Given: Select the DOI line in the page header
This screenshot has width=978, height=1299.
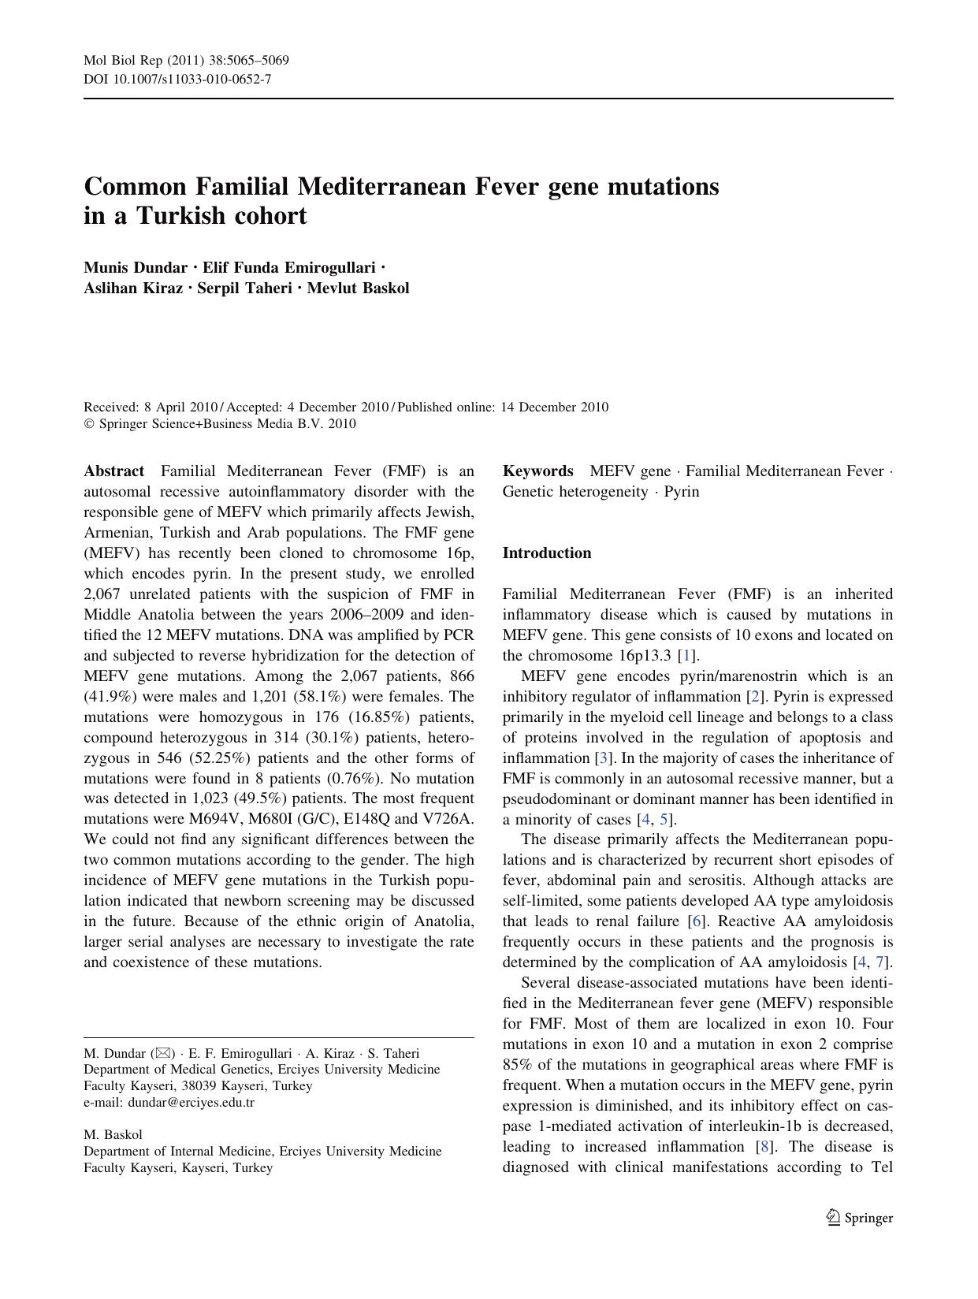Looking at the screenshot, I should tap(177, 79).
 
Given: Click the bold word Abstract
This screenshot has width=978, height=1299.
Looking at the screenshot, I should tap(113, 471).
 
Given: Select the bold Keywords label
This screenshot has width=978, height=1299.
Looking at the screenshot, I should tap(537, 471).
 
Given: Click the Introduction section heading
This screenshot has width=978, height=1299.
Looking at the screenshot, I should tap(546, 553).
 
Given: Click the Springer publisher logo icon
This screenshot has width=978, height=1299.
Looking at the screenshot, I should tap(834, 1217).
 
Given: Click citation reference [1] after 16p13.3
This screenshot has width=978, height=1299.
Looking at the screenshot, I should tap(687, 656).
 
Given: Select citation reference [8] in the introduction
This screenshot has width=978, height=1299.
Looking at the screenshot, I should tap(762, 1147).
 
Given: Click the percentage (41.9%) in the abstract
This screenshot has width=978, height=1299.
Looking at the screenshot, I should tap(110, 697).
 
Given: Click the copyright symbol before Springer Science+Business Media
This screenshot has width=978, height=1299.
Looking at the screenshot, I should tap(88, 424).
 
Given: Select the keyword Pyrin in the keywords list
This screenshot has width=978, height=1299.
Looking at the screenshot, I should tap(681, 492).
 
